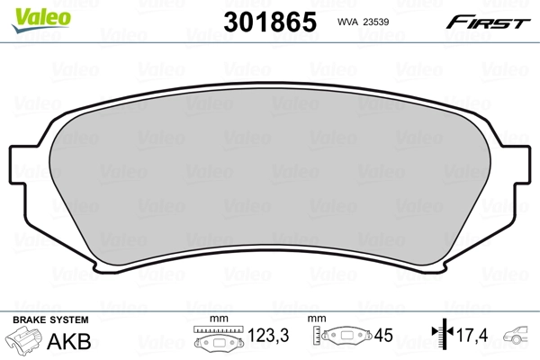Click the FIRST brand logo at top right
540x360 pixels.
pyautogui.click(x=490, y=21)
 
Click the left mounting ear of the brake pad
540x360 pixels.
pyautogui.click(x=25, y=171)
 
